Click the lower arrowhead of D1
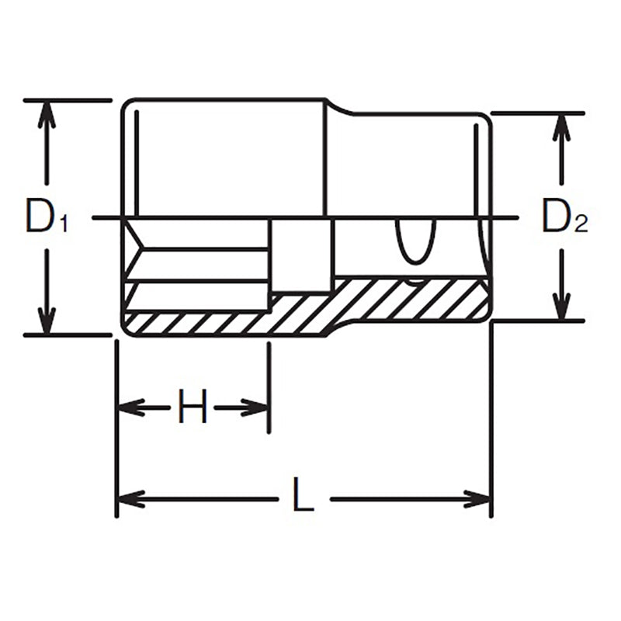click(47, 323)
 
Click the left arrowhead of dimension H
click(129, 407)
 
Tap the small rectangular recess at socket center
click(302, 255)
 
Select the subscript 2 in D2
click(581, 225)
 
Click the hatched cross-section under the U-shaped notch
click(411, 299)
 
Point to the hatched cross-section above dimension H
click(194, 321)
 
